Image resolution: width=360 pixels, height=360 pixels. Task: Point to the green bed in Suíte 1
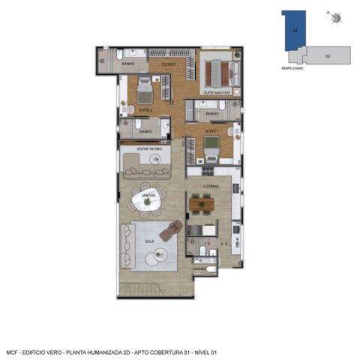pos(212,144)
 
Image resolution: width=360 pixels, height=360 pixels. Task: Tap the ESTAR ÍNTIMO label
pos(150,149)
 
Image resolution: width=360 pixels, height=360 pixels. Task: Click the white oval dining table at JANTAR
pos(148,199)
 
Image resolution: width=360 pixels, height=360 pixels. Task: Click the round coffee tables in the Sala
pos(159,256)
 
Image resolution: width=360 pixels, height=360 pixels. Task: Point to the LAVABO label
pos(199,267)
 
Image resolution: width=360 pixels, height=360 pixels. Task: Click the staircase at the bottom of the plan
pos(139,289)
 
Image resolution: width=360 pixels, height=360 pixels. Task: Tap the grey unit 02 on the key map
pos(328,55)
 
